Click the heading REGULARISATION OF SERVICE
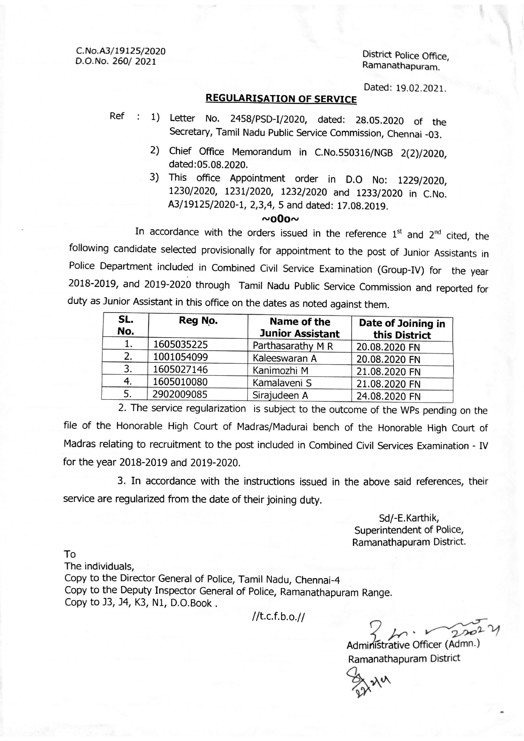(x=281, y=99)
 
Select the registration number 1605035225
(x=180, y=345)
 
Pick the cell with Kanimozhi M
(x=280, y=371)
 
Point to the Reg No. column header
(x=198, y=321)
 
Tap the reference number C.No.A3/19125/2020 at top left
(x=120, y=51)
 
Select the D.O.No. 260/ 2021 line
(x=115, y=61)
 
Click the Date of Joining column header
(x=402, y=329)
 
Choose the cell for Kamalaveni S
(x=282, y=383)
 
